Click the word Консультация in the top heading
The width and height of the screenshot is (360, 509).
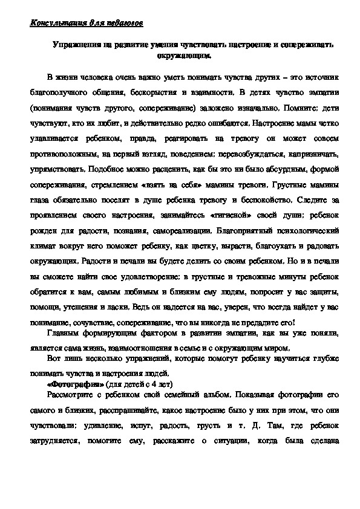pyautogui.click(x=55, y=24)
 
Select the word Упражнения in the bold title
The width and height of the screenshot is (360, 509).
pyautogui.click(x=74, y=45)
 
